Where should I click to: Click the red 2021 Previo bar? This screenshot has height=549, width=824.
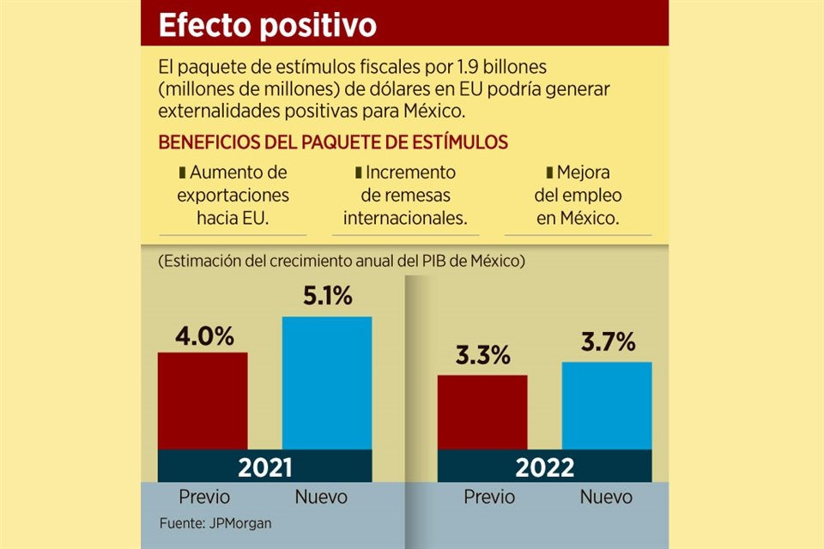pyautogui.click(x=203, y=400)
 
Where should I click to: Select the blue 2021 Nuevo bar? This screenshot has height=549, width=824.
pyautogui.click(x=327, y=383)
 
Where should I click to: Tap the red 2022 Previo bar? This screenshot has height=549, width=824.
pyautogui.click(x=482, y=412)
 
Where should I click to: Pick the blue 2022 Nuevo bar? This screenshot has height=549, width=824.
pyautogui.click(x=607, y=405)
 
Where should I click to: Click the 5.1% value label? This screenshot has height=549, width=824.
pyautogui.click(x=327, y=297)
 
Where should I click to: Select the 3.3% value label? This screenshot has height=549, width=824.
pyautogui.click(x=482, y=355)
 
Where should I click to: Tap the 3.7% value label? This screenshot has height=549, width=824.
pyautogui.click(x=607, y=342)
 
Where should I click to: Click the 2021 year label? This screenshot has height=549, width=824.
pyautogui.click(x=264, y=468)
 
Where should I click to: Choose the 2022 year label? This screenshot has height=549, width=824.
pyautogui.click(x=544, y=468)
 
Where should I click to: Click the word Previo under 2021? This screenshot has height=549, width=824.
pyautogui.click(x=203, y=497)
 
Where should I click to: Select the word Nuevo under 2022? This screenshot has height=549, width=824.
pyautogui.click(x=606, y=497)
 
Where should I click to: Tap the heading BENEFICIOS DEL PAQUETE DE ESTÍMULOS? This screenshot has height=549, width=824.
pyautogui.click(x=333, y=142)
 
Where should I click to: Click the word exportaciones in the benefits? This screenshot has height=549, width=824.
pyautogui.click(x=233, y=195)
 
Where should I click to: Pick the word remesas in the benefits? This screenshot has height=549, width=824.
pyautogui.click(x=405, y=195)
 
